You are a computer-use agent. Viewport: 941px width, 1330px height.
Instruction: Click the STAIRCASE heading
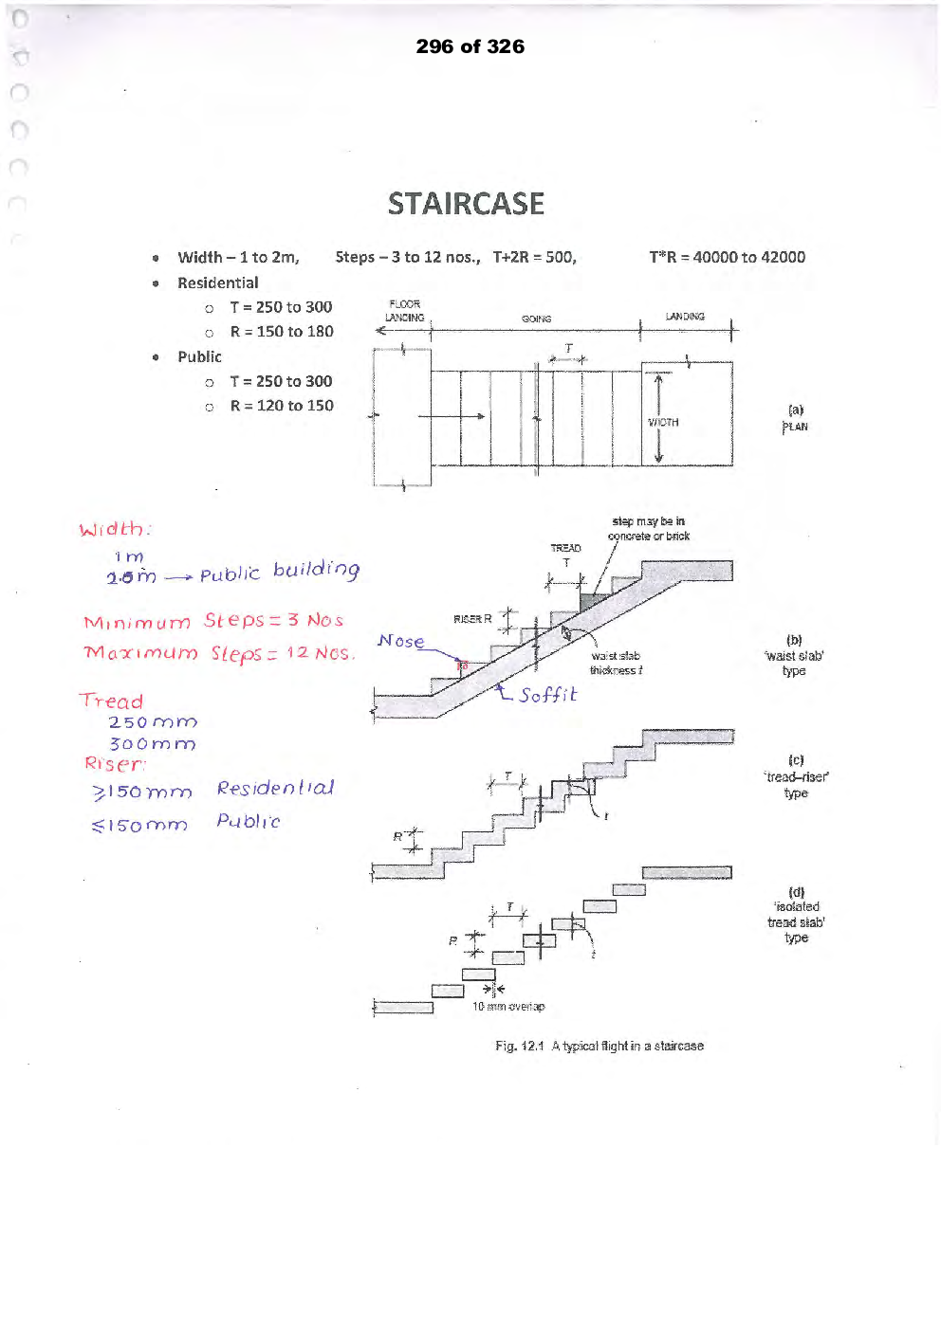(466, 204)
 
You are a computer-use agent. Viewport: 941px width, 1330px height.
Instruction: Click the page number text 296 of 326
(470, 46)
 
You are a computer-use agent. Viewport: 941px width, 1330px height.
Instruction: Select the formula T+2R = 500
(534, 257)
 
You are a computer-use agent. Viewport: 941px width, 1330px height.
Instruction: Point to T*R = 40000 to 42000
(727, 257)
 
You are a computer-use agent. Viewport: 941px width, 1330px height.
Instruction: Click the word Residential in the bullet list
(217, 282)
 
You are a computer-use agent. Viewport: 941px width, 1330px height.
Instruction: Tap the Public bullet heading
(199, 356)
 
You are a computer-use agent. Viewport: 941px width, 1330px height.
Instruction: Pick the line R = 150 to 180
(281, 332)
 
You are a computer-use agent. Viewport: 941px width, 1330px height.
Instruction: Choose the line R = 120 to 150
(281, 406)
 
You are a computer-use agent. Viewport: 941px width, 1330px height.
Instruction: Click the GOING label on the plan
(536, 319)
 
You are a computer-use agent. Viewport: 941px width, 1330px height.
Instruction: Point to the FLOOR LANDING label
(404, 311)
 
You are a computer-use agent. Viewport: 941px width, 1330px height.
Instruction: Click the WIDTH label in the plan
(663, 423)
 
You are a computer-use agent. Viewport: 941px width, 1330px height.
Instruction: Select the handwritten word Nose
(400, 642)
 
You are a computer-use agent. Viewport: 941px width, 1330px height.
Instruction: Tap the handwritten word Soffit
(547, 695)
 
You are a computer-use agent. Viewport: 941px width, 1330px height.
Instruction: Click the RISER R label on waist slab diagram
(471, 619)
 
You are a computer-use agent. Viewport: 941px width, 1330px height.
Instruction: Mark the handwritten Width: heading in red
(115, 529)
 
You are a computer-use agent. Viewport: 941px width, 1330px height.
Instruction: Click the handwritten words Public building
(279, 571)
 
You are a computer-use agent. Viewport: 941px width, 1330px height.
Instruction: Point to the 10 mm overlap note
(508, 1007)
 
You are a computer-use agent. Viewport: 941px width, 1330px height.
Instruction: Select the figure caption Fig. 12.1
(599, 1046)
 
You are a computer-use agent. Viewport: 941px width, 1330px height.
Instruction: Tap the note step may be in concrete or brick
(649, 529)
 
